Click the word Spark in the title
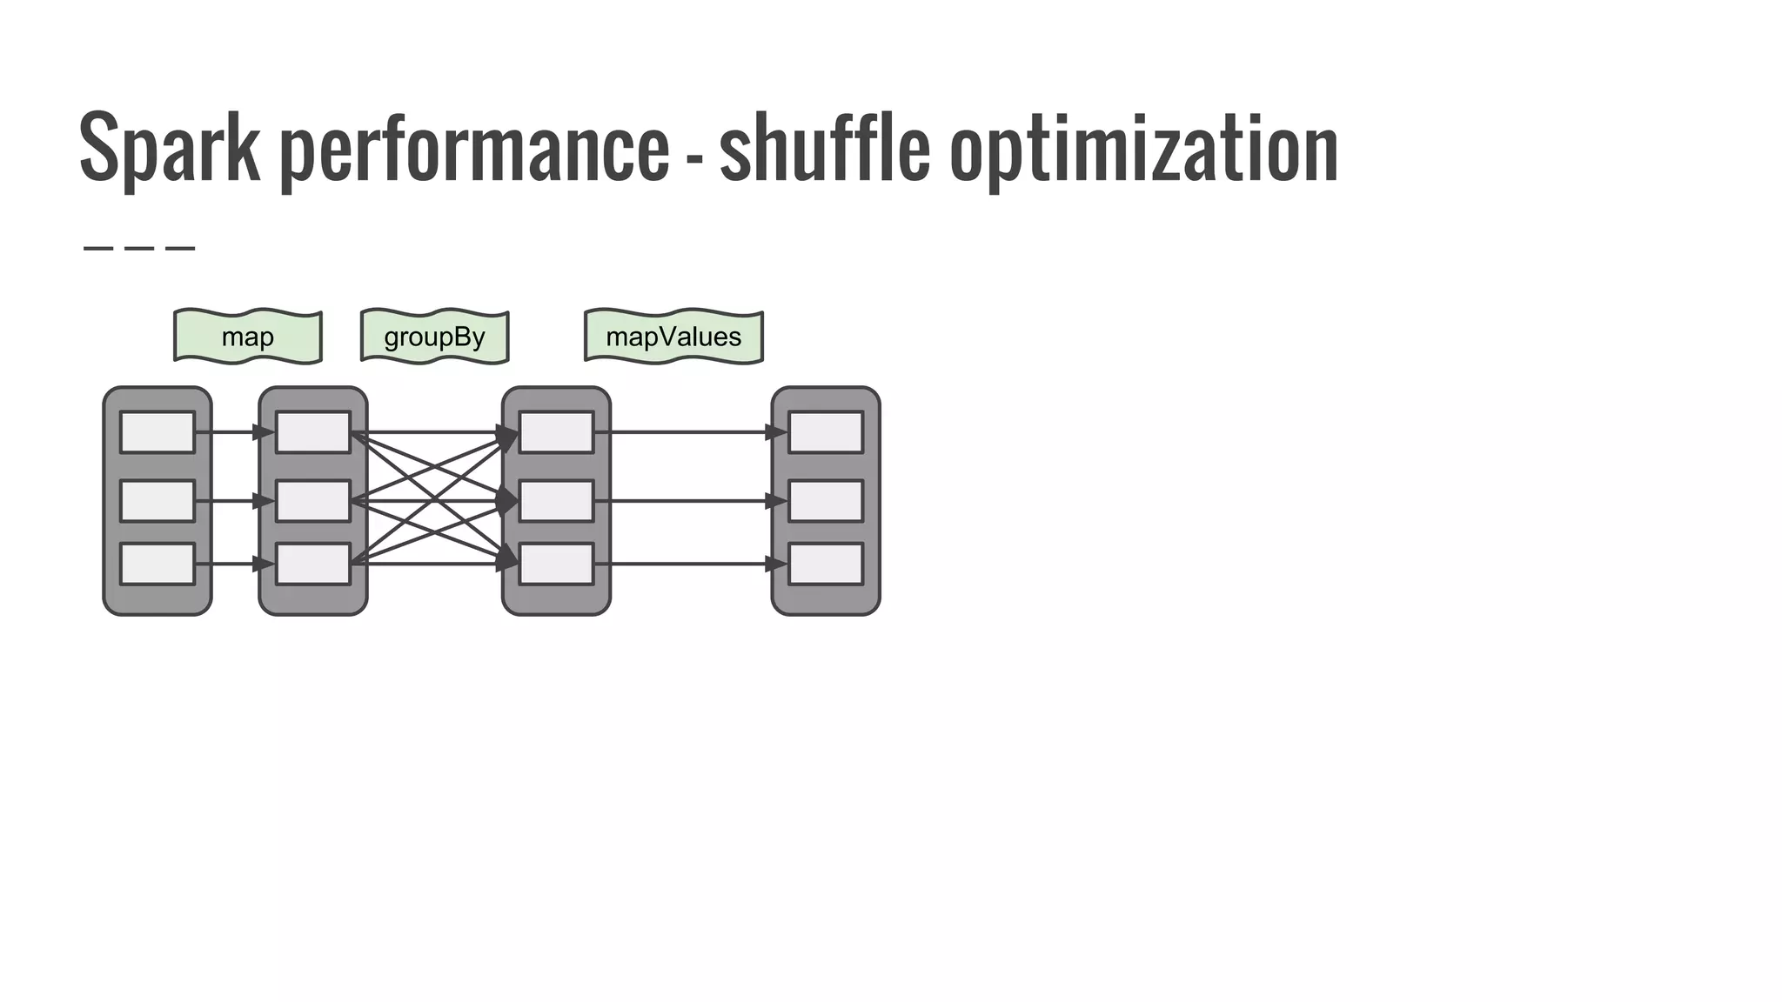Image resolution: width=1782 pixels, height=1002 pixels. tap(169, 148)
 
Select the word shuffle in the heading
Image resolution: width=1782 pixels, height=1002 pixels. tap(824, 148)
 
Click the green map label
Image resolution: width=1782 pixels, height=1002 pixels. tap(248, 337)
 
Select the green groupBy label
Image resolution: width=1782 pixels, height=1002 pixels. tap(434, 337)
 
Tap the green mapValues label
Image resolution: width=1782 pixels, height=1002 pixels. tap(673, 337)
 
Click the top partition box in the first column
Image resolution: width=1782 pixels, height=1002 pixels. tap(157, 432)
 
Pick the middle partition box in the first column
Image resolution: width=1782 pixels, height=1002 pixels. tap(157, 501)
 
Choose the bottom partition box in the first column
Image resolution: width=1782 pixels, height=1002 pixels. tap(157, 564)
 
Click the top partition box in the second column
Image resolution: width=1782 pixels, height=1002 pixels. tap(313, 432)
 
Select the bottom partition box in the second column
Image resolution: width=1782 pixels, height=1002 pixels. tap(313, 564)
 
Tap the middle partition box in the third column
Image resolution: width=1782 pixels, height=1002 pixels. tap(556, 501)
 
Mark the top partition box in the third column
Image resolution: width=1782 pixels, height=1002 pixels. tap(556, 432)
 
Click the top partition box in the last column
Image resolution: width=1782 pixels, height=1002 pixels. tap(826, 432)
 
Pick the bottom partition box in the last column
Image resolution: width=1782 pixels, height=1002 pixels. tap(826, 564)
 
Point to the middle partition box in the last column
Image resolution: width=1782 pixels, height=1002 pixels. tap(826, 501)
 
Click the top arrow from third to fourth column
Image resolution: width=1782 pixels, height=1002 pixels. tap(687, 432)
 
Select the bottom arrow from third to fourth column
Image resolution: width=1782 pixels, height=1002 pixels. tap(687, 564)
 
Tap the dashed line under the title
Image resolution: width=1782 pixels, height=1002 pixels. tap(139, 249)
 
